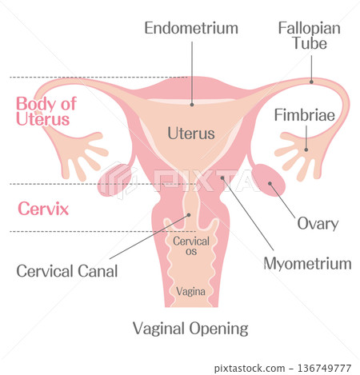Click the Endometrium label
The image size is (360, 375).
(x=191, y=28)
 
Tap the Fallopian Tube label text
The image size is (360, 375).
(x=310, y=36)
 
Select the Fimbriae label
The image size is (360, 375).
(x=305, y=115)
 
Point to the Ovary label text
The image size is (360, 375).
(x=318, y=224)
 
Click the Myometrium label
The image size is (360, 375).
(x=307, y=264)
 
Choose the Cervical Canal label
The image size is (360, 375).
(x=67, y=271)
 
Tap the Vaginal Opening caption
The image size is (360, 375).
(x=190, y=329)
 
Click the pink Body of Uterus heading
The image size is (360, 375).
(x=46, y=111)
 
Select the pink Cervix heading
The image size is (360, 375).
(x=43, y=209)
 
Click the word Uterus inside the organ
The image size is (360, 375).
(x=191, y=134)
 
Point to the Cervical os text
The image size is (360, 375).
(x=191, y=246)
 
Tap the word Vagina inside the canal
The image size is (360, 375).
(x=190, y=291)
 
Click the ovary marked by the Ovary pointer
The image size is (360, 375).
(x=268, y=180)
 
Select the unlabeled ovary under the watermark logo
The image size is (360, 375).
(x=114, y=180)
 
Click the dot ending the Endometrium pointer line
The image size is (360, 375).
(x=192, y=105)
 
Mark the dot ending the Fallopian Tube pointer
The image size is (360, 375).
(x=311, y=82)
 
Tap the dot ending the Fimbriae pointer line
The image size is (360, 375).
(x=306, y=150)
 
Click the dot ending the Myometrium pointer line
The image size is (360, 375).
(x=222, y=178)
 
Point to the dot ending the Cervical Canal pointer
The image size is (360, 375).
(x=189, y=215)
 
